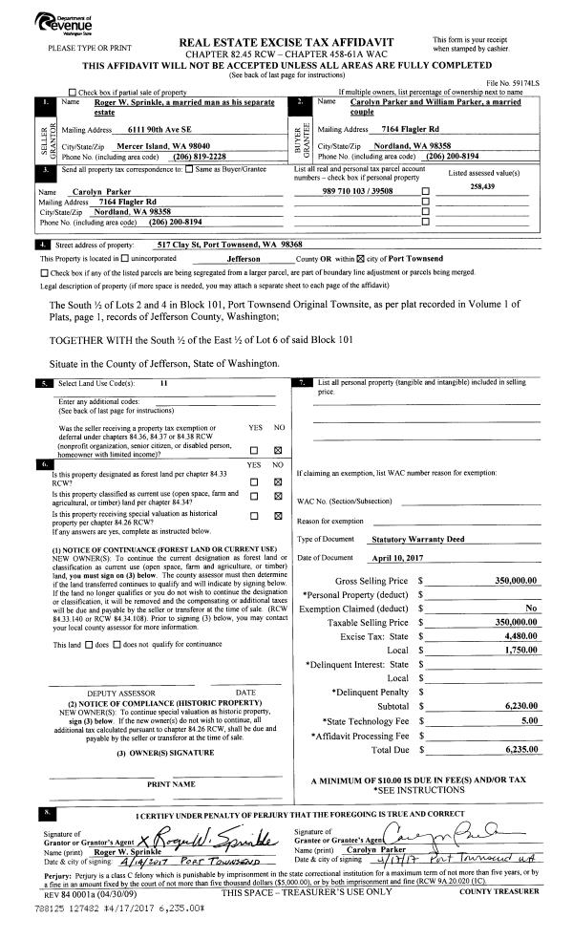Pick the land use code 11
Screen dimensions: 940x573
(164, 383)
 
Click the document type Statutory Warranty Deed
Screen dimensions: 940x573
(417, 540)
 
